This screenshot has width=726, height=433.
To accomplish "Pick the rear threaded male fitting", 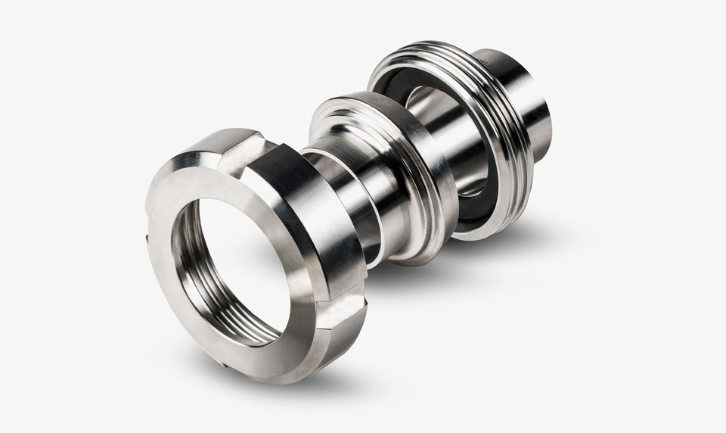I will pyautogui.click(x=484, y=129).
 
